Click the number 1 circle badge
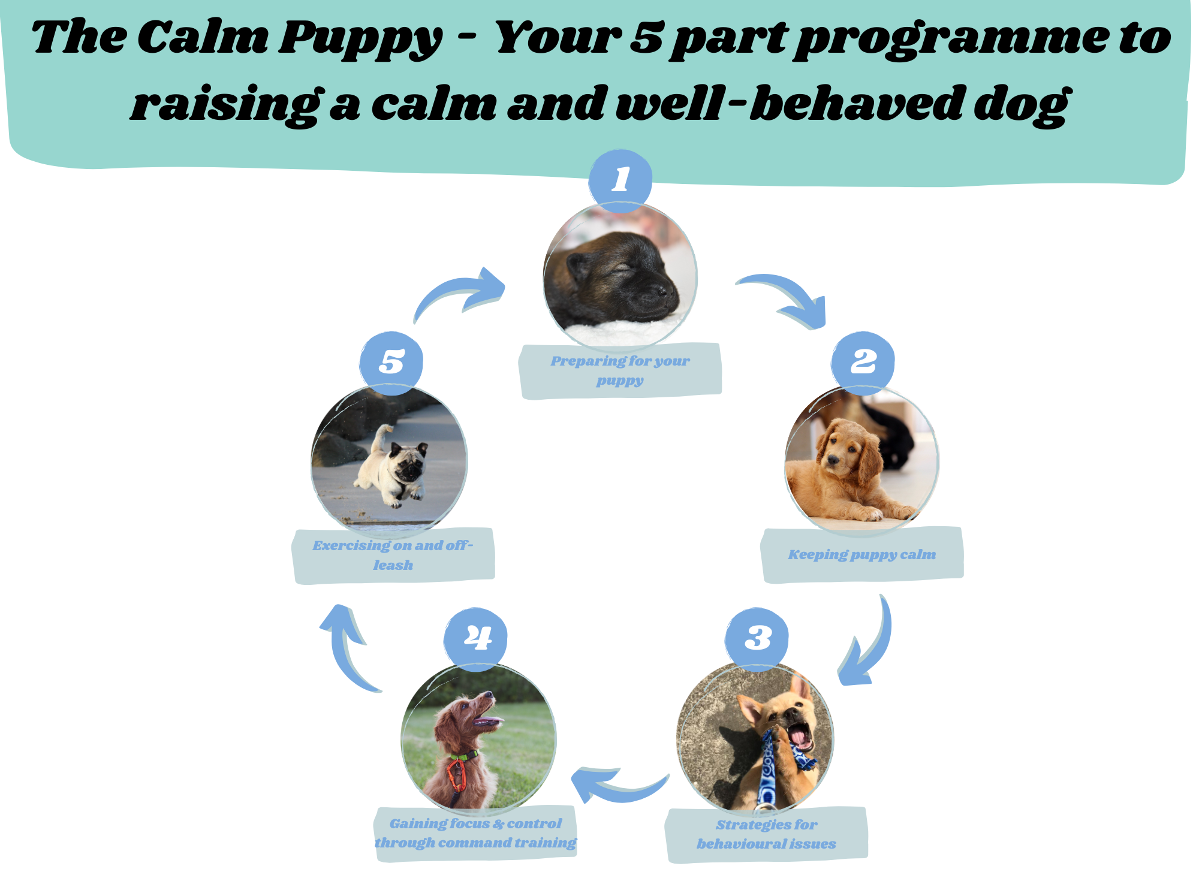tap(620, 179)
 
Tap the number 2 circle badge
tap(863, 361)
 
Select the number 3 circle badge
tap(757, 638)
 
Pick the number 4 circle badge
tap(476, 638)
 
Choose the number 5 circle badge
tap(391, 362)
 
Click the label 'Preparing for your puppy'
tap(620, 370)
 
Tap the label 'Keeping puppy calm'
tap(861, 554)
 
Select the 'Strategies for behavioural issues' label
tap(766, 834)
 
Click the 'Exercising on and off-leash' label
tap(393, 555)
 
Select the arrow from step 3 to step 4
tap(617, 785)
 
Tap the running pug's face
tap(408, 463)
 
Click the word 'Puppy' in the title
tap(360, 37)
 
